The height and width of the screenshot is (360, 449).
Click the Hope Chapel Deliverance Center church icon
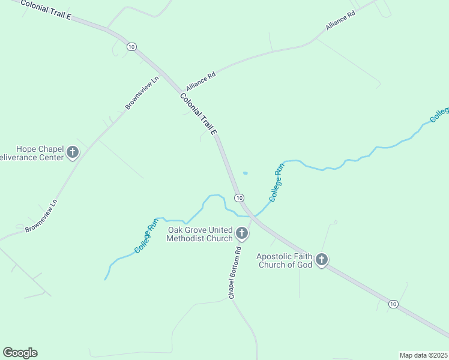coord(73,152)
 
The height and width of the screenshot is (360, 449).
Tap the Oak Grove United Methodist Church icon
coord(242,232)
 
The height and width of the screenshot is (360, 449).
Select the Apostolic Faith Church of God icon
coord(322,259)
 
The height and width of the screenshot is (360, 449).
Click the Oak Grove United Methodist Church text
coord(200,234)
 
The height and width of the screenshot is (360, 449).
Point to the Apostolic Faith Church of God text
coord(285,260)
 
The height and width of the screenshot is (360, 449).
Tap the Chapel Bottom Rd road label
coord(235,273)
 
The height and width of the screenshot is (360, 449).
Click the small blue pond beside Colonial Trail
coord(245,173)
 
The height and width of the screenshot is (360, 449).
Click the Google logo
coord(20,353)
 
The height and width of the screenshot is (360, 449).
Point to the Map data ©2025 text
coord(423,355)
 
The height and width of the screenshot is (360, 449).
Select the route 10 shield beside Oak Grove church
coord(239,198)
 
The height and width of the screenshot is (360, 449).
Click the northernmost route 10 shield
coord(131,46)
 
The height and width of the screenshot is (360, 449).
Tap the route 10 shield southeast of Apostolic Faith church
coord(393,304)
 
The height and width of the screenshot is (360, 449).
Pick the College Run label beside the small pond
coord(276,182)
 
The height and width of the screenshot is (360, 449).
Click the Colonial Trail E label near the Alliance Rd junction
coord(197,113)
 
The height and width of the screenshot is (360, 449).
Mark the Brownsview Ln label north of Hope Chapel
coord(142,92)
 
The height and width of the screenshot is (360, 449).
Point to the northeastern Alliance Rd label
coord(340,20)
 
